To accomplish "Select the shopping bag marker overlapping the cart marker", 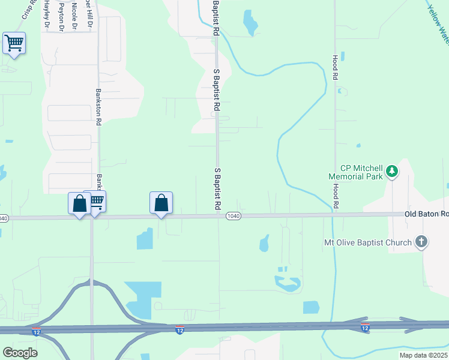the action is (79, 203).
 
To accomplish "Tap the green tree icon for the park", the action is (392, 172).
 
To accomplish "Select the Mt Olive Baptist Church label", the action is (366, 242).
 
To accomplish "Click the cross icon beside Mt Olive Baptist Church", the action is (422, 242).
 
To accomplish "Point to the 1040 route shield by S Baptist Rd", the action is (234, 215).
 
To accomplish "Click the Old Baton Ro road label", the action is (426, 214).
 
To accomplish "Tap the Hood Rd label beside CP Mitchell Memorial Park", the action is (336, 197).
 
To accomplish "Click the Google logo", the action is (20, 353).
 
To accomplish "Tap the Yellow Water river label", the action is (438, 24).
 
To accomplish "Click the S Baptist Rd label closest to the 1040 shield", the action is (217, 188).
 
